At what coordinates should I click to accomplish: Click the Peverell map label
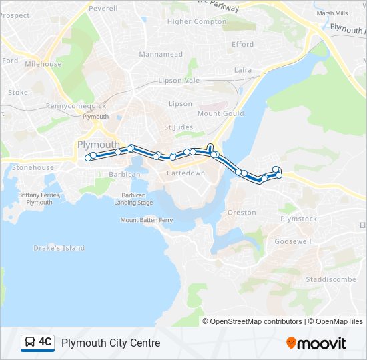pos(103,9)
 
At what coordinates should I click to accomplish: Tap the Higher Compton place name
pos(198,21)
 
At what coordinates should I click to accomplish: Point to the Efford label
pos(242,45)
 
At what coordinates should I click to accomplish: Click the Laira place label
pos(242,69)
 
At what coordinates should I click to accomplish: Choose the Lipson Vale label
pos(179,81)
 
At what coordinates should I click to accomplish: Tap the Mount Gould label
pos(218,113)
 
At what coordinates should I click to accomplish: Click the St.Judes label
pos(177,127)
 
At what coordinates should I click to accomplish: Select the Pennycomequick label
pos(76,106)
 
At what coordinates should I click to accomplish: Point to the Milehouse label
pos(43,64)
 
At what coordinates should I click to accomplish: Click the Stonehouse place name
pos(31,168)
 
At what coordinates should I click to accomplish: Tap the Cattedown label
pos(186,173)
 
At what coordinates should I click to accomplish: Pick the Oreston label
pos(242,213)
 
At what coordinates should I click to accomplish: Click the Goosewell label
pos(292,241)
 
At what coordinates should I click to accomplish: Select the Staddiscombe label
pos(331,279)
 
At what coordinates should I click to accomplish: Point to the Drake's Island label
pos(59,248)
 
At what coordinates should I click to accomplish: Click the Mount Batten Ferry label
pos(147,219)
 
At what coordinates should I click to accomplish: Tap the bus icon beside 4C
pos(30,343)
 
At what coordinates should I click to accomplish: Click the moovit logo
pos(316,343)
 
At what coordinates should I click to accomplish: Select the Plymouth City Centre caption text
pos(111,343)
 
